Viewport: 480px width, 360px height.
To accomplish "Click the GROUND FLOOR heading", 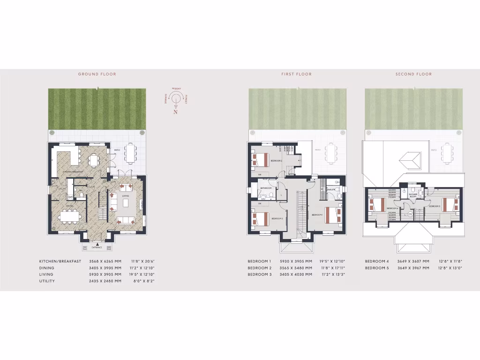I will click(97, 74).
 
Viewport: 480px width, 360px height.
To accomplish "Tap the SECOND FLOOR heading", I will click(413, 74).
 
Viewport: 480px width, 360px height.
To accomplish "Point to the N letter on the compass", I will click(175, 112).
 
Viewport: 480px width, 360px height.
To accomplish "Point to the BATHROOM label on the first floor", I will click(266, 188).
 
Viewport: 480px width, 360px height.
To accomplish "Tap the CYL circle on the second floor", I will click(411, 214).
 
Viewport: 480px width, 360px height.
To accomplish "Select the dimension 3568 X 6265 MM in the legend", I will click(111, 261).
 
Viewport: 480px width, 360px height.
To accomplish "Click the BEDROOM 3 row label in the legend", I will click(260, 274).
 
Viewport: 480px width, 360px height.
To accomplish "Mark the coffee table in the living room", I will click(125, 203).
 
